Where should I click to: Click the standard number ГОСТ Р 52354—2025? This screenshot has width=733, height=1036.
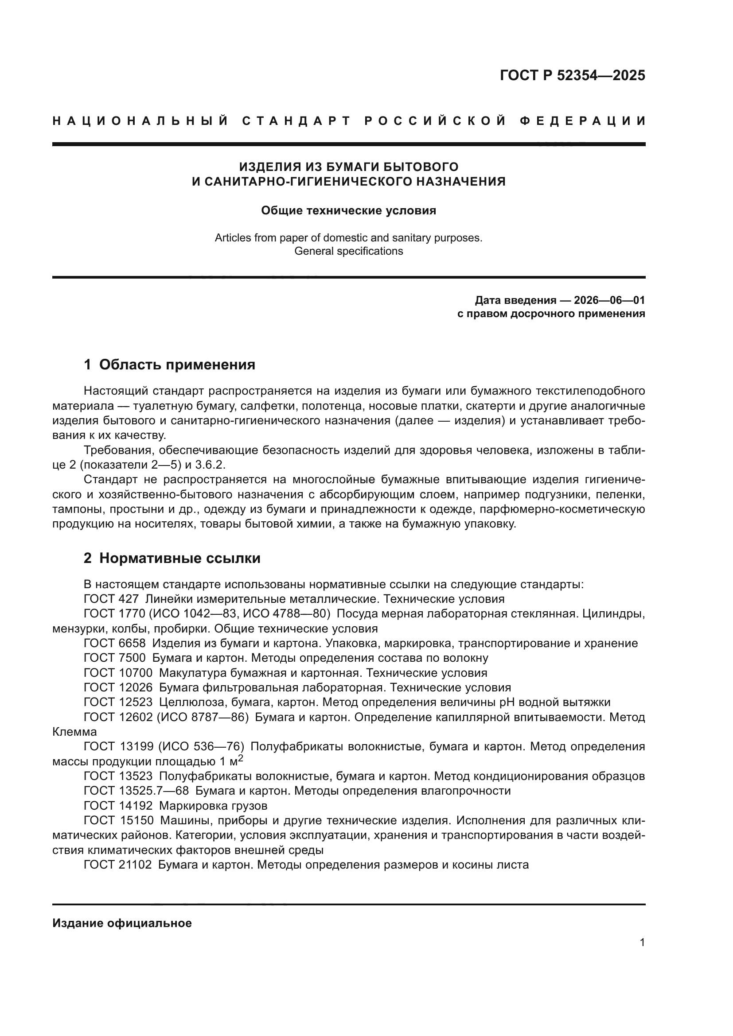tap(572, 75)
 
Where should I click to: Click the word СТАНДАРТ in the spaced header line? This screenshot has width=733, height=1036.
tap(296, 121)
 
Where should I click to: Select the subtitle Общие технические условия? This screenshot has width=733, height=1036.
tap(348, 211)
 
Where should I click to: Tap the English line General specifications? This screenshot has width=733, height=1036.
tap(348, 251)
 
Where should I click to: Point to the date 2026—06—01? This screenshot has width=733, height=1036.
tap(609, 300)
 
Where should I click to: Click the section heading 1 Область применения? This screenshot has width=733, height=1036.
tap(169, 365)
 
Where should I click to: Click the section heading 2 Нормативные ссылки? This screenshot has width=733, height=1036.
tap(172, 558)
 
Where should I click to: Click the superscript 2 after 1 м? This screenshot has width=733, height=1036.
tap(241, 758)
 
